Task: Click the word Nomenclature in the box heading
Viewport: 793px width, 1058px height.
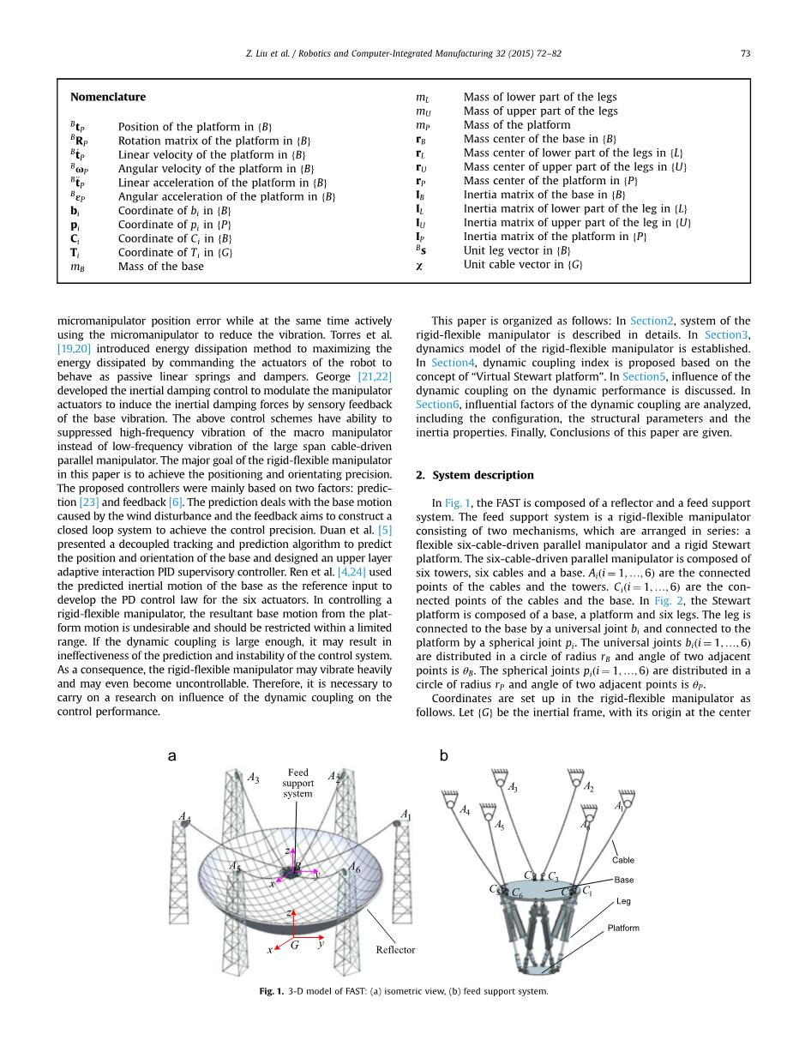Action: pyautogui.click(x=108, y=97)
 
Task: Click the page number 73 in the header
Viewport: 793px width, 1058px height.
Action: pyautogui.click(x=745, y=53)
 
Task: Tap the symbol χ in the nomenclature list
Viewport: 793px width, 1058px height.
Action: pyautogui.click(x=419, y=265)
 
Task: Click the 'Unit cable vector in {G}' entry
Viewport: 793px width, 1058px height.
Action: pyautogui.click(x=523, y=265)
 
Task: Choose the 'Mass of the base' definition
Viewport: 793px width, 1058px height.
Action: pyautogui.click(x=161, y=267)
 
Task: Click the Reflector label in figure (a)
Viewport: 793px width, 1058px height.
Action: pyautogui.click(x=395, y=949)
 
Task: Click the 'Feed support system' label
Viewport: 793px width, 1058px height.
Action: pyautogui.click(x=298, y=783)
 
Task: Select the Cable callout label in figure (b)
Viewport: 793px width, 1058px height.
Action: pyautogui.click(x=623, y=860)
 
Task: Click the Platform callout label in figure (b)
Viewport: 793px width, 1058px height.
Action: pyautogui.click(x=623, y=928)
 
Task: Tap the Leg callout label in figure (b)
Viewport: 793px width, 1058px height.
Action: pyautogui.click(x=623, y=901)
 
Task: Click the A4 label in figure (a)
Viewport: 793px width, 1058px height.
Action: pyautogui.click(x=184, y=817)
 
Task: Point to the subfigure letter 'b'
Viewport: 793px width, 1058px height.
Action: pyautogui.click(x=443, y=755)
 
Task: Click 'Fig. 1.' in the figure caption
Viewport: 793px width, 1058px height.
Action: pyautogui.click(x=271, y=992)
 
